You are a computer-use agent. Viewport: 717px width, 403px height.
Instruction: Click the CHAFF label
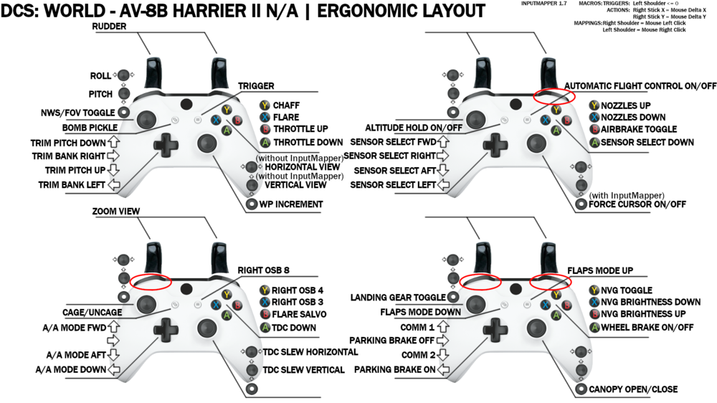point(286,105)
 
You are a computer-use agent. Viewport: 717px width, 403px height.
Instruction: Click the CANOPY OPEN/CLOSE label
point(633,389)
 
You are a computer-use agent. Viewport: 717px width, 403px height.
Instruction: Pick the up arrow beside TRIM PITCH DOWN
point(113,142)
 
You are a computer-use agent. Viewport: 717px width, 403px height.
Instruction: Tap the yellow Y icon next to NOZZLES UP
point(594,105)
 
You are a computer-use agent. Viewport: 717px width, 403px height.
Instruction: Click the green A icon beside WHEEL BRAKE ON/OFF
point(594,328)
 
